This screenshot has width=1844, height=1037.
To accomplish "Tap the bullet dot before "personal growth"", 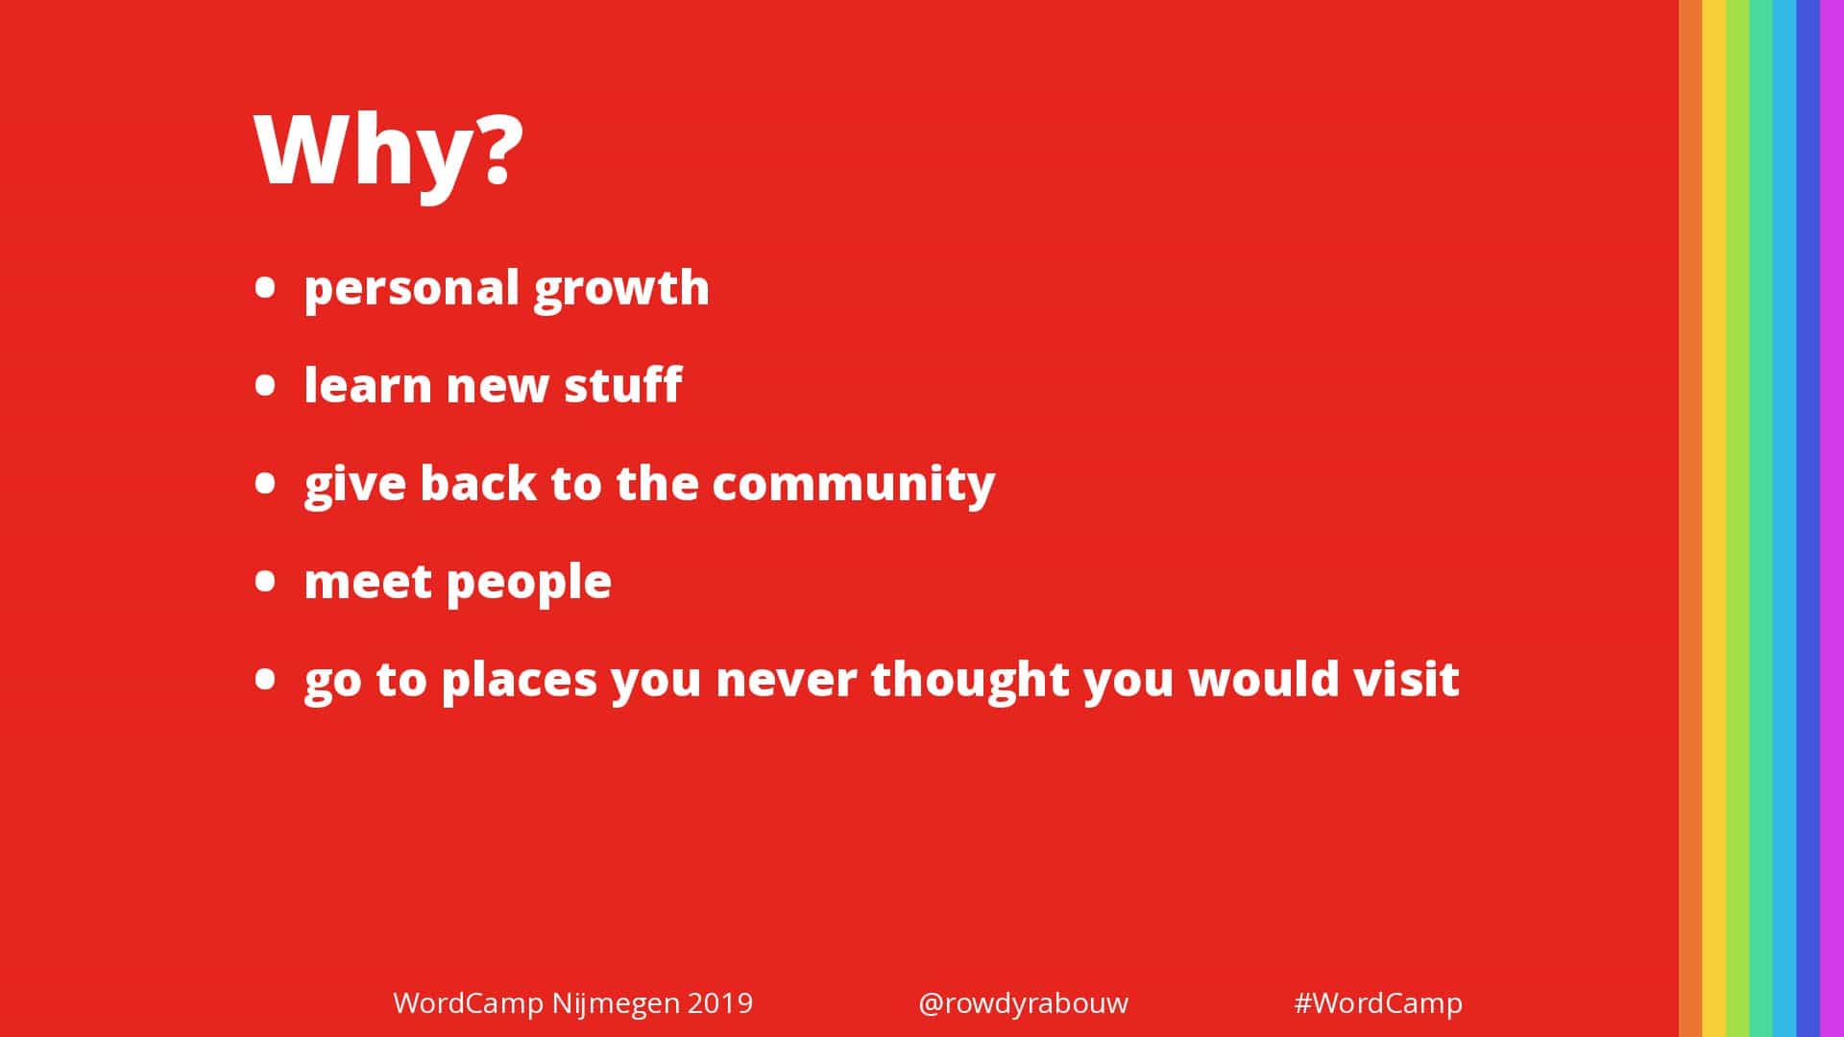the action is click(266, 287).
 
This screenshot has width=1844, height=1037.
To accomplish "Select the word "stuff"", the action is click(622, 384).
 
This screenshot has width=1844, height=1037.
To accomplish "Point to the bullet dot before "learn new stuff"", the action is click(266, 385).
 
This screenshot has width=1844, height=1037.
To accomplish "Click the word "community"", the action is click(854, 484).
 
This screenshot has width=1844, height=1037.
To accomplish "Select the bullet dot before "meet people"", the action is click(266, 581).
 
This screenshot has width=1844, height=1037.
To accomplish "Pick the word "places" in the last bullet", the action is click(520, 681).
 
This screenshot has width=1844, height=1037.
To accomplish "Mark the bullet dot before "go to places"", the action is click(266, 679).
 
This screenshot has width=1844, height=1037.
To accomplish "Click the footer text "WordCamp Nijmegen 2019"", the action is click(573, 1003).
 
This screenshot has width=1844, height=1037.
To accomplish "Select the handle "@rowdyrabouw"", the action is click(1023, 1003).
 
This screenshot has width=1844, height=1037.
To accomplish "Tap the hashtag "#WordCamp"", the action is click(1378, 1003).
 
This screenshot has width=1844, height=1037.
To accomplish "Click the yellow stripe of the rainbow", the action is click(1713, 518).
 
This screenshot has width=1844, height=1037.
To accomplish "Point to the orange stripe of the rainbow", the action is click(1690, 518).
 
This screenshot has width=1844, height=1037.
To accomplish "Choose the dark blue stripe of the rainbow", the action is click(1808, 518).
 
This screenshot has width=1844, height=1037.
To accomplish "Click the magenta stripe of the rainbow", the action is click(1832, 518).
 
